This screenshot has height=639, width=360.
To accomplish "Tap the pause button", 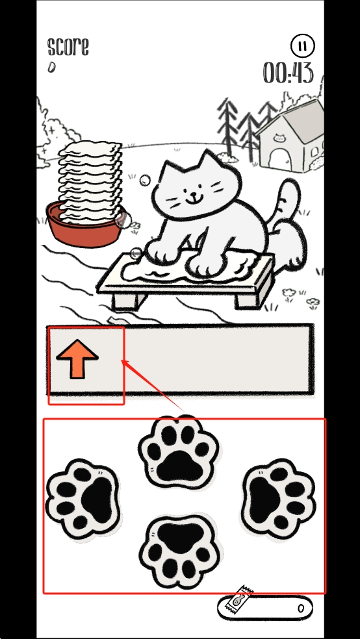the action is pos(303,45).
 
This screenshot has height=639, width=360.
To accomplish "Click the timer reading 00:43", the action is pos(289,73).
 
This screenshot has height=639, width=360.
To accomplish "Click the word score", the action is pos(68,47).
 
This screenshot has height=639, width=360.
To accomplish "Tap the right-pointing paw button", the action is pos(278,499).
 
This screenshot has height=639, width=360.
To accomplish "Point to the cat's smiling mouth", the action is pos(195,200).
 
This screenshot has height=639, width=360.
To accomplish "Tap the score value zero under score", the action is pos(51,67).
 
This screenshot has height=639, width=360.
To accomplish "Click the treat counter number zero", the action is pos(301,608).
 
